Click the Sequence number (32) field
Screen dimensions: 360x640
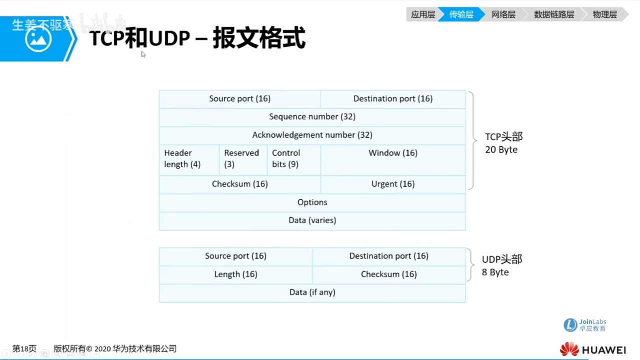pos(312,117)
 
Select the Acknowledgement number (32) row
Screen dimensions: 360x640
pos(312,135)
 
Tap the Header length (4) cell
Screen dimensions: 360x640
pos(189,159)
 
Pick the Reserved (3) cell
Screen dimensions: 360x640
pos(243,159)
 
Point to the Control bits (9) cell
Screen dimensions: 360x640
pos(293,159)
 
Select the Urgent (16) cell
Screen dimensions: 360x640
pos(393,184)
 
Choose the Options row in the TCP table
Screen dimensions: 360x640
pos(312,202)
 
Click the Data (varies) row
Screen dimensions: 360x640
pos(312,220)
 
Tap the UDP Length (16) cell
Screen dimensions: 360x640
pos(235,274)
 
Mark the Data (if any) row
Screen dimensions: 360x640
pos(312,292)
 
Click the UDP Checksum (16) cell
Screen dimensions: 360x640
pos(389,274)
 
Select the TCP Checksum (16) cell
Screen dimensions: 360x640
pos(240,184)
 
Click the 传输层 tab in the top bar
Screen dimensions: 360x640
pos(461,14)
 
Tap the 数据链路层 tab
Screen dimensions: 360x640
pos(553,14)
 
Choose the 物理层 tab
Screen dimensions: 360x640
pos(604,14)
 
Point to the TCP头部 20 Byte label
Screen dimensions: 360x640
pos(503,143)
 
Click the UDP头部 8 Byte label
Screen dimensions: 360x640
pos(501,265)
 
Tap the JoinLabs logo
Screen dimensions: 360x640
pos(584,325)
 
